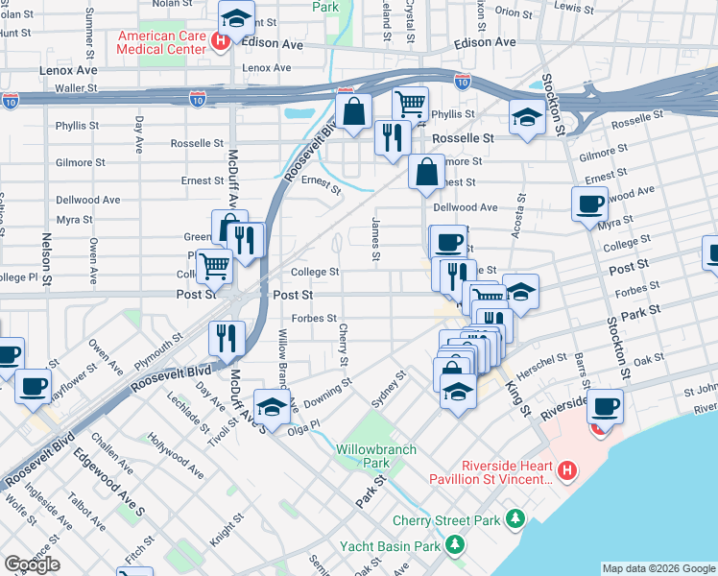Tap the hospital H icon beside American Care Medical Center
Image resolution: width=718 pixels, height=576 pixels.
click(221, 41)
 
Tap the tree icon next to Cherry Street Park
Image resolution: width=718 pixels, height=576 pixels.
click(516, 519)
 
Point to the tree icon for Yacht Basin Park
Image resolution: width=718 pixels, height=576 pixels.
click(454, 546)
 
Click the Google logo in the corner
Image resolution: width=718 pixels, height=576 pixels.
click(32, 564)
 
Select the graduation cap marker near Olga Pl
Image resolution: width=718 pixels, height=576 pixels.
click(272, 406)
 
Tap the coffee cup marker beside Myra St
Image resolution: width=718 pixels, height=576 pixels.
click(589, 203)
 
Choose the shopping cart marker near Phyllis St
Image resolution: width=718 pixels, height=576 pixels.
click(410, 103)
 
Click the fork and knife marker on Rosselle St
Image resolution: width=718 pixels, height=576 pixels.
click(391, 137)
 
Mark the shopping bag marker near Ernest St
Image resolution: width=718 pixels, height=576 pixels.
click(425, 173)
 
